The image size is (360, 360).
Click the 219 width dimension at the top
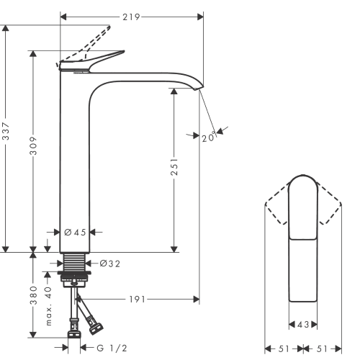pyautogui.click(x=130, y=15)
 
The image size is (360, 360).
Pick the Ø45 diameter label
pyautogui.click(x=74, y=233)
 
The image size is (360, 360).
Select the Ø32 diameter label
pyautogui.click(x=109, y=264)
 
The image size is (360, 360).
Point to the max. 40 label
pyautogui.click(x=48, y=304)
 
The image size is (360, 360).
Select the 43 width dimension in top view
pyautogui.click(x=302, y=325)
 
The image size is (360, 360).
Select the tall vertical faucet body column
pyautogui.click(x=73, y=166)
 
